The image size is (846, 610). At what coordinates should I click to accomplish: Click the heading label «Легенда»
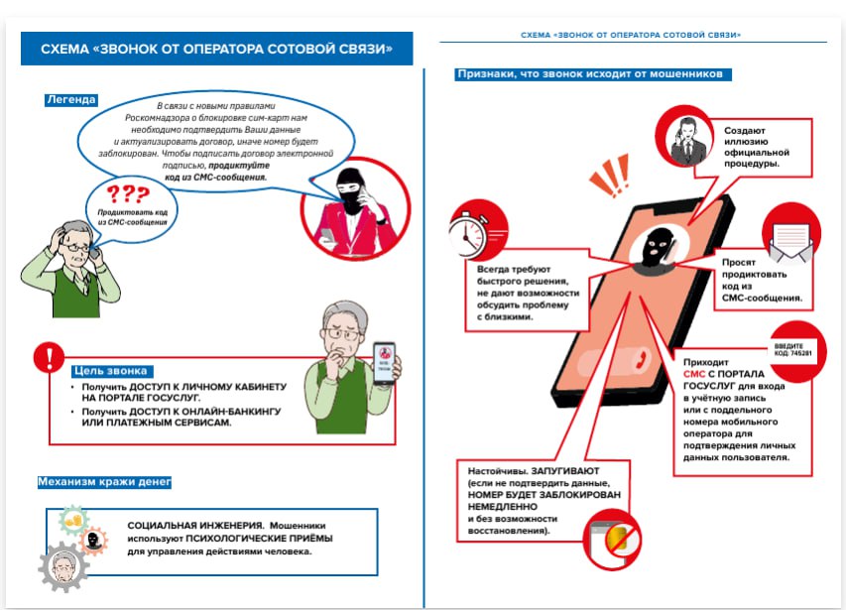pyautogui.click(x=71, y=99)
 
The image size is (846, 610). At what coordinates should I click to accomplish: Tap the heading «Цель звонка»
pyautogui.click(x=108, y=371)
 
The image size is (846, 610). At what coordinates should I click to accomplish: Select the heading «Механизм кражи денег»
pyautogui.click(x=104, y=482)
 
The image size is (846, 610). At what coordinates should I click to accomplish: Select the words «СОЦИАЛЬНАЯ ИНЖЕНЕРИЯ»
pyautogui.click(x=183, y=526)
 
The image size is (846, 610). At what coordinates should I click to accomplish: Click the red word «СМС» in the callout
pyautogui.click(x=696, y=374)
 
